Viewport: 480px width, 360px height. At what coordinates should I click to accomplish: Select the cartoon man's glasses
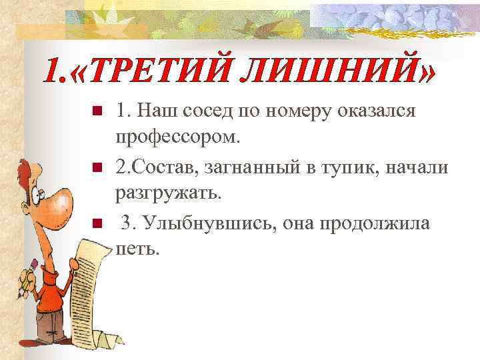(x=41, y=193)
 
